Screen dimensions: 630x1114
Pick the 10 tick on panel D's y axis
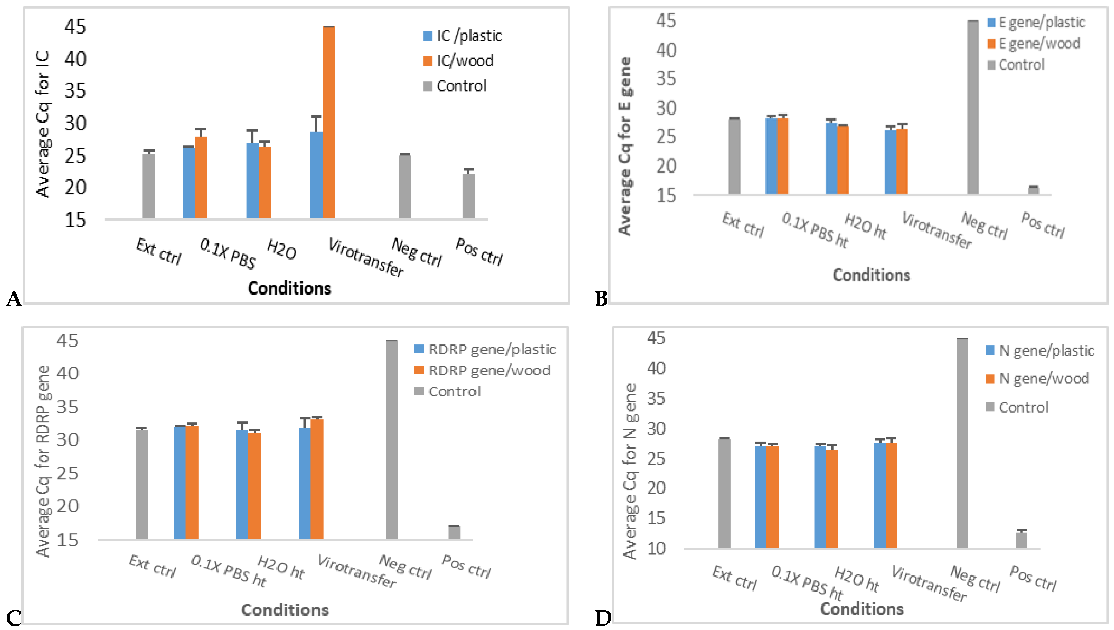tap(656, 548)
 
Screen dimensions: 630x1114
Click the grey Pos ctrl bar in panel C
tap(454, 532)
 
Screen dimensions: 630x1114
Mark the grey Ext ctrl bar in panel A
tap(148, 186)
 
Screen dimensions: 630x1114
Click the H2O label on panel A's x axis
tap(281, 250)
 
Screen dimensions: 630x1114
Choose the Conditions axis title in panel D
tap(862, 609)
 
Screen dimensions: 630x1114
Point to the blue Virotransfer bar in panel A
tap(316, 175)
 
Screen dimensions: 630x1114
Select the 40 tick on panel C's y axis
tap(67, 373)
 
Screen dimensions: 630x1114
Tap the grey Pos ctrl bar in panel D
tap(1022, 540)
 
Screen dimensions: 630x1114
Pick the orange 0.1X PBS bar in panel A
tap(201, 178)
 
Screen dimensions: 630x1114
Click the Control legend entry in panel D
tap(1023, 407)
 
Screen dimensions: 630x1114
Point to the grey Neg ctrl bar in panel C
tap(391, 440)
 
